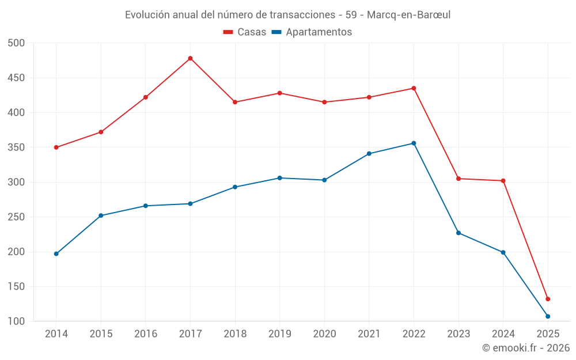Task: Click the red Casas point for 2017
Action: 190,58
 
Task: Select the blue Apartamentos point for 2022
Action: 414,143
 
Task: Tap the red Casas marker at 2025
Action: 548,299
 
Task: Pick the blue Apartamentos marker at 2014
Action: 56,254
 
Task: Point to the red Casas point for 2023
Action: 458,179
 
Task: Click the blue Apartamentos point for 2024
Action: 503,252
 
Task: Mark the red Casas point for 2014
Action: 56,147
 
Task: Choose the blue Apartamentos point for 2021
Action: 369,154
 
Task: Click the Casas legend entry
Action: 245,32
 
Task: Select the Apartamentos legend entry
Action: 312,32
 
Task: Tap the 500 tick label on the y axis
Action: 17,43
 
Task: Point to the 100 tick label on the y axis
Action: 17,321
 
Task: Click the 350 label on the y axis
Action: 17,147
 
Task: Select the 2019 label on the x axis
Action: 280,334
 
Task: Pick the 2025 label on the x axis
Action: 548,334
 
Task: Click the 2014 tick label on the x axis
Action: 56,334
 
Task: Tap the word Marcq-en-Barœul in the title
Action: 408,15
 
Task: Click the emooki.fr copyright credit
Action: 526,348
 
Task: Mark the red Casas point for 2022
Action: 414,88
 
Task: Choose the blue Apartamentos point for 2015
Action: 101,215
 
